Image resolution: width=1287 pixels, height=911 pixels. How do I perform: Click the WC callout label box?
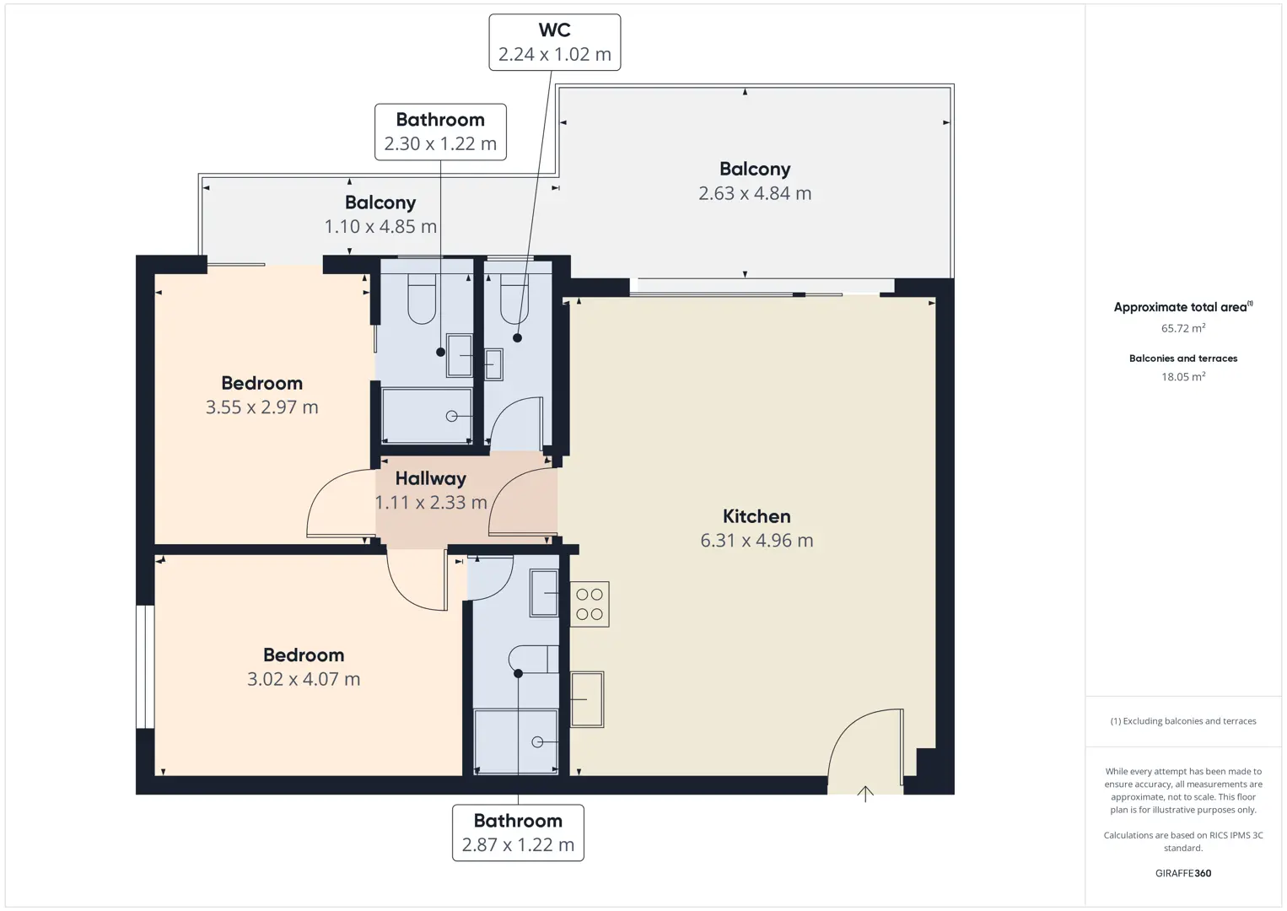[x=554, y=42]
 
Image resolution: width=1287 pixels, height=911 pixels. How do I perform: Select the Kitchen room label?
[x=757, y=516]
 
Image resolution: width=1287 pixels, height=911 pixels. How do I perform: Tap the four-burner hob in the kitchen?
[x=590, y=604]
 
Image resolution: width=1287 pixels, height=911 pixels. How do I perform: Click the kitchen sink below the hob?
[x=587, y=699]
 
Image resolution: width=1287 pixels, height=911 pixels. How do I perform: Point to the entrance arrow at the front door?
[x=865, y=794]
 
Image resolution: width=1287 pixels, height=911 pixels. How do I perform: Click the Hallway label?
[x=430, y=478]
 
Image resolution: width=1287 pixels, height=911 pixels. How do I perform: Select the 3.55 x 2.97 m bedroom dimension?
[x=262, y=407]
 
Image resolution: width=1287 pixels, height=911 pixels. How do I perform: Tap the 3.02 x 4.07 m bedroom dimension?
[x=304, y=679]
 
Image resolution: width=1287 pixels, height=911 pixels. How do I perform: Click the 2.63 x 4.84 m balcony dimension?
[x=755, y=193]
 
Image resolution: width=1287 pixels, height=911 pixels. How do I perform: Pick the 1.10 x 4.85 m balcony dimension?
[x=380, y=226]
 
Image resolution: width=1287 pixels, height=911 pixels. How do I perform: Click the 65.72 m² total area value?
[x=1183, y=328]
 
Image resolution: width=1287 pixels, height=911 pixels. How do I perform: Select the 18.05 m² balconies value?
[x=1183, y=376]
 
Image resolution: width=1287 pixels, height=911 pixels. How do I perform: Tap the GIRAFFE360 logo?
[x=1183, y=873]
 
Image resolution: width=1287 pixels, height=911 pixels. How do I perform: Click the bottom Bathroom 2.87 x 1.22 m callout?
[x=518, y=833]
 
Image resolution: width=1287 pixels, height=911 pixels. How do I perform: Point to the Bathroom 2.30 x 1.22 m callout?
[x=440, y=132]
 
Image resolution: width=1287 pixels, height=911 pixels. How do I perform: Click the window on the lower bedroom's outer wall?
[x=145, y=666]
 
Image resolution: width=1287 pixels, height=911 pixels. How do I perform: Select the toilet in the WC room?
[x=514, y=299]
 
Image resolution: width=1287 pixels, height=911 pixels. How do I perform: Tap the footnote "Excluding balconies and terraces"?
[x=1189, y=720]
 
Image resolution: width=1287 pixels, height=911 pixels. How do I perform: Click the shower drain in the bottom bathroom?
[x=537, y=742]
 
